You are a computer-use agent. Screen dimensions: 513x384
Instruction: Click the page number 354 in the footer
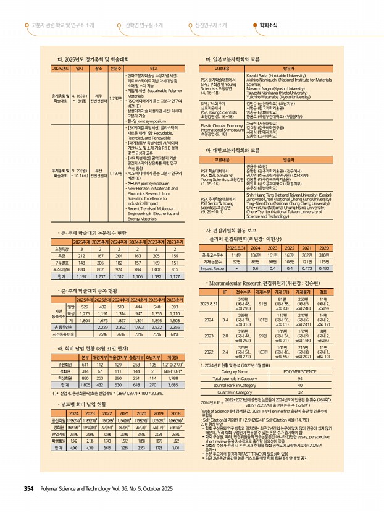(27, 488)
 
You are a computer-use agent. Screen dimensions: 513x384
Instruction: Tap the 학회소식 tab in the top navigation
(269, 25)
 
